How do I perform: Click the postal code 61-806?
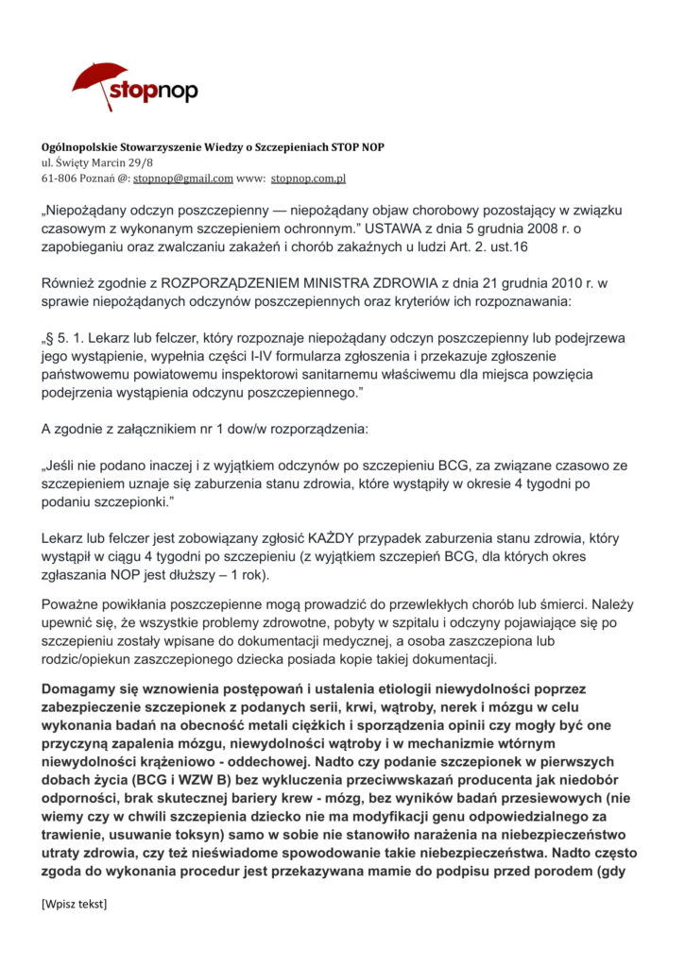(x=61, y=178)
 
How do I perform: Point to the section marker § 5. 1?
(x=71, y=338)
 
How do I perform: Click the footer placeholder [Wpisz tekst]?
(x=75, y=905)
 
